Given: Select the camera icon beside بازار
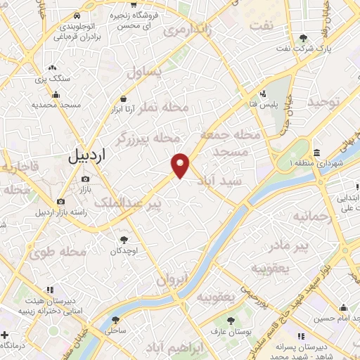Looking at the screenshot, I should (x=86, y=179).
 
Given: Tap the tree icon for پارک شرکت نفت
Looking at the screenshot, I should (x=303, y=37).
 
